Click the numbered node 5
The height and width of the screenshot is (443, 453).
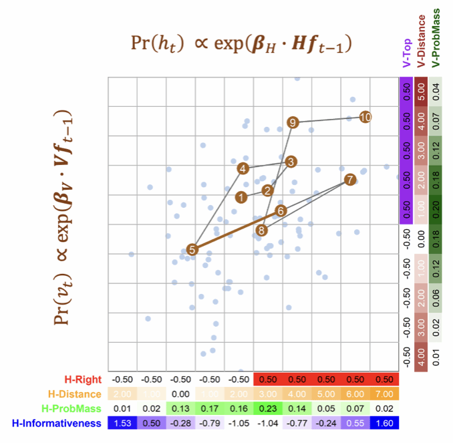coord(192,249)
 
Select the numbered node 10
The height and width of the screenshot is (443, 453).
coord(365,117)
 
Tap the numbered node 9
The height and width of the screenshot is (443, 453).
coord(292,122)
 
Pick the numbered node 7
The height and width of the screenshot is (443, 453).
coord(349,179)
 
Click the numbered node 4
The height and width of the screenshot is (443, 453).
coord(244,168)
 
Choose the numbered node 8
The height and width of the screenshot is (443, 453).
coord(261,230)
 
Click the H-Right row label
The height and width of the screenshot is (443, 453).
coord(82,380)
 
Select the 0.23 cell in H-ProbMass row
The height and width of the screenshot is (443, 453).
coord(269,408)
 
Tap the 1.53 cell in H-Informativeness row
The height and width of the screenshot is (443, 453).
coord(122,423)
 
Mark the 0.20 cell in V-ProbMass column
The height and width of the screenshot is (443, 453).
coord(435,209)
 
